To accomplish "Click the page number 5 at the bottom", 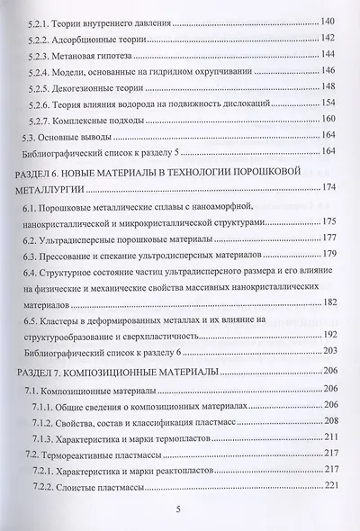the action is coord(178,512).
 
